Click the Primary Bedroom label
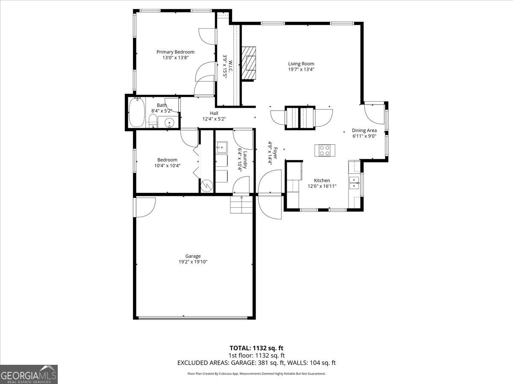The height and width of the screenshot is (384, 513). [175, 52]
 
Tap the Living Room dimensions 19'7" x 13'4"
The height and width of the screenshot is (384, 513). [301, 70]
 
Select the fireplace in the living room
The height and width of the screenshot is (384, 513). [249, 63]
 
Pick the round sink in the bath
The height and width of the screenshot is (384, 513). [169, 123]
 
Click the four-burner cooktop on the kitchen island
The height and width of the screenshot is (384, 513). [325, 150]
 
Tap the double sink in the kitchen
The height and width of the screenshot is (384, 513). [354, 183]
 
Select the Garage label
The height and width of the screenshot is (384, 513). [193, 256]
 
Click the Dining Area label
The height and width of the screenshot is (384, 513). [364, 131]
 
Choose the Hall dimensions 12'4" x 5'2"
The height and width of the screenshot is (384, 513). [214, 119]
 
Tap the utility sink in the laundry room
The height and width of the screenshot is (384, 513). [221, 148]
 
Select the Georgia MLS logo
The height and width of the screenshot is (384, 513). [29, 374]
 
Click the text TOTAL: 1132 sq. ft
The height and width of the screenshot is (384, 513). [256, 348]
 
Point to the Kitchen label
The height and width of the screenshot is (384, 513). [322, 180]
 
